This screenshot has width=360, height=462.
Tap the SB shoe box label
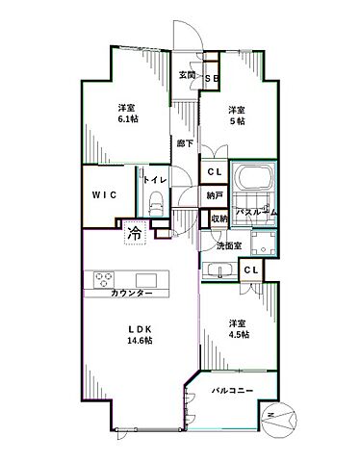tap(212, 78)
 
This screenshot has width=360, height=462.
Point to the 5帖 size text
tap(237, 120)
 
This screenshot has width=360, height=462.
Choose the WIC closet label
tap(104, 194)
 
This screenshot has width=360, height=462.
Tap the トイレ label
tap(156, 180)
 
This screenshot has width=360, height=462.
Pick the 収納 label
tap(219, 219)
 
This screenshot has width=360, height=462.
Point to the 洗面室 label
tap(227, 246)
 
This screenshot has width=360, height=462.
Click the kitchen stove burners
tap(103, 278)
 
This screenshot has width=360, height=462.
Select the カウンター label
tap(132, 292)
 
